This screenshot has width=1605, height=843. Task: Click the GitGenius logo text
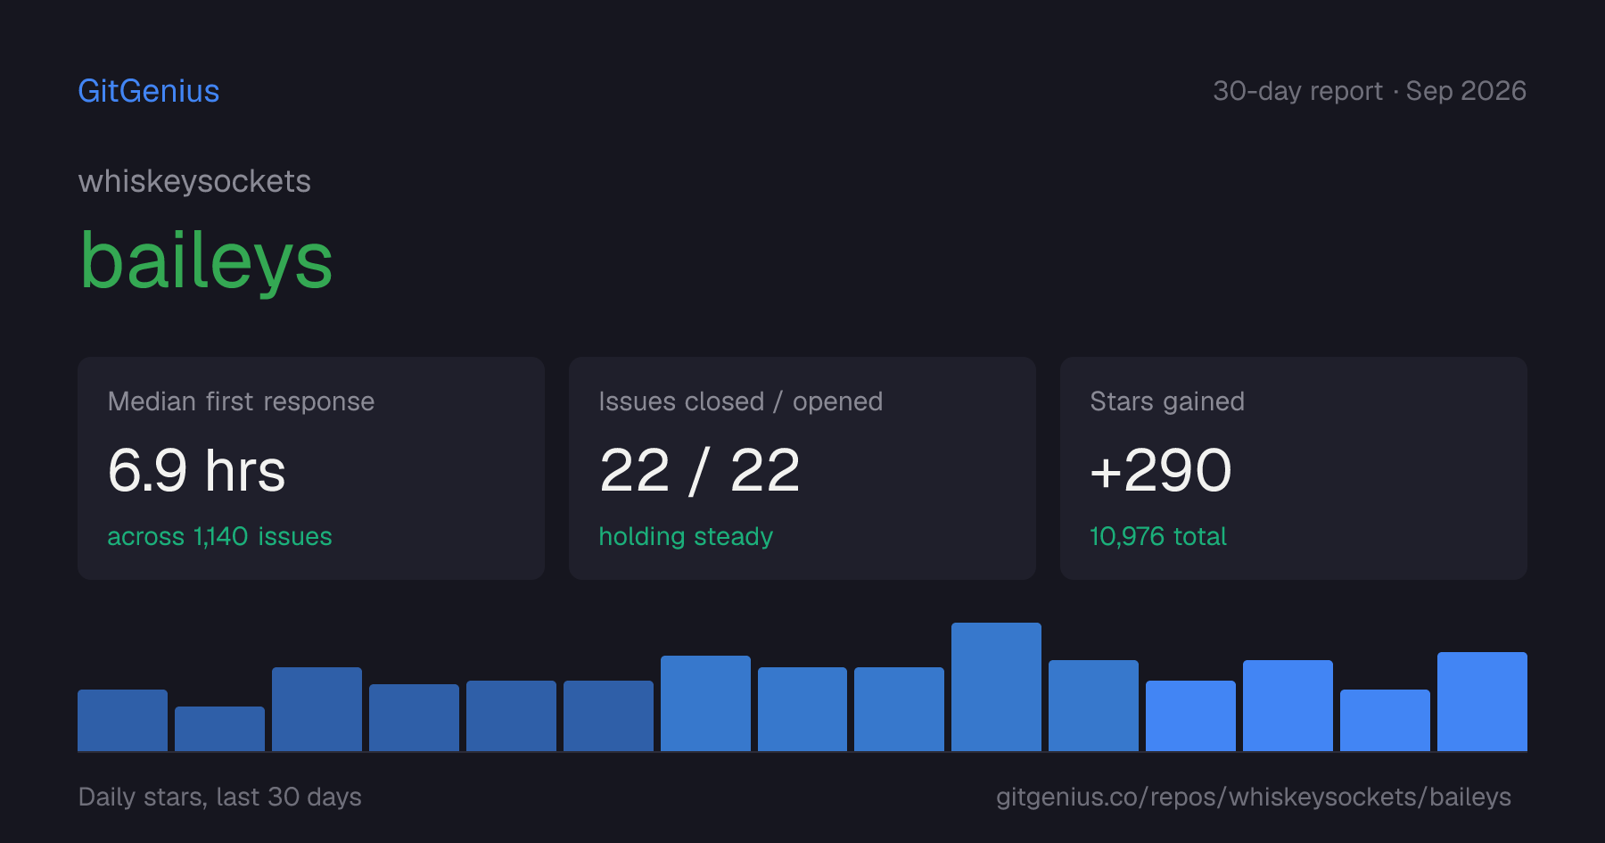pos(149,91)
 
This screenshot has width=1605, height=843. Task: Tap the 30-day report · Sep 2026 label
pos(1370,91)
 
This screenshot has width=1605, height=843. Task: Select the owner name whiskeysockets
pos(194,181)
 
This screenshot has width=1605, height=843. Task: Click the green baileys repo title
pos(206,260)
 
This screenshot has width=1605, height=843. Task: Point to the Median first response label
pos(241,401)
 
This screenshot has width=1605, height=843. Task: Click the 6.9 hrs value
pos(196,470)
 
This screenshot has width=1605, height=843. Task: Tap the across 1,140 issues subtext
pos(219,536)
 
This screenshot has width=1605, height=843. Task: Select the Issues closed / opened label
pos(740,401)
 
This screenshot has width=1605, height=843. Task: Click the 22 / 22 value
pos(699,470)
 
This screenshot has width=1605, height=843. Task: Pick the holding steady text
pos(686,536)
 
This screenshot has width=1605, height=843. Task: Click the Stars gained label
pos(1167,401)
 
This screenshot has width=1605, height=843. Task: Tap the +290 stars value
pos(1161,470)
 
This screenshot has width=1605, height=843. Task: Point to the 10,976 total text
pos(1158,536)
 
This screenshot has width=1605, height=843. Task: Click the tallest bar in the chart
pos(996,687)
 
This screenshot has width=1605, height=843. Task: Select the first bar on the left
pos(122,720)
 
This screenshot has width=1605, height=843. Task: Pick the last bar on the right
pos(1482,701)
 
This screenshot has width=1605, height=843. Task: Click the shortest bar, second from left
pos(219,729)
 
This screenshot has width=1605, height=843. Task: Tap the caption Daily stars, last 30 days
pos(220,797)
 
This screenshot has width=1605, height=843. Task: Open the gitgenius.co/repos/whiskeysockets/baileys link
pos(1254,797)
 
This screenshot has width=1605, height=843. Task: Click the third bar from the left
pos(317,709)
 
